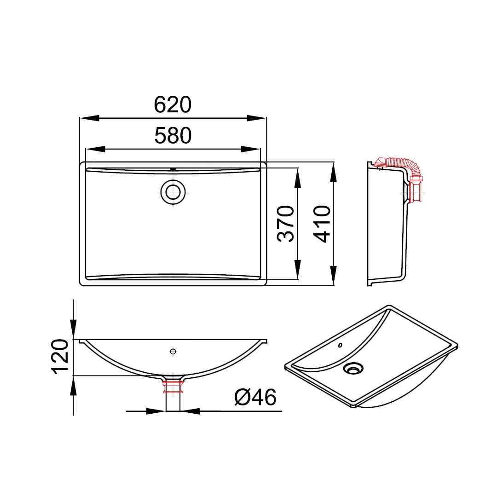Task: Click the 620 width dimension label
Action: pyautogui.click(x=173, y=104)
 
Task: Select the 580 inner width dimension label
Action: pyautogui.click(x=173, y=136)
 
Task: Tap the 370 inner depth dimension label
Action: pyautogui.click(x=286, y=224)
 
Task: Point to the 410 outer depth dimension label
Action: pyautogui.click(x=322, y=224)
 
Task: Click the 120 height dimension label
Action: pyautogui.click(x=60, y=357)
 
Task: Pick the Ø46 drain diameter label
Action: pyautogui.click(x=255, y=397)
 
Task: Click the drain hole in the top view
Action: pyautogui.click(x=173, y=192)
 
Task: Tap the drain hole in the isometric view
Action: pyautogui.click(x=353, y=369)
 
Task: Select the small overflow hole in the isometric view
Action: pyautogui.click(x=341, y=345)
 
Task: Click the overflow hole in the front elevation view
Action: pyautogui.click(x=173, y=351)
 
